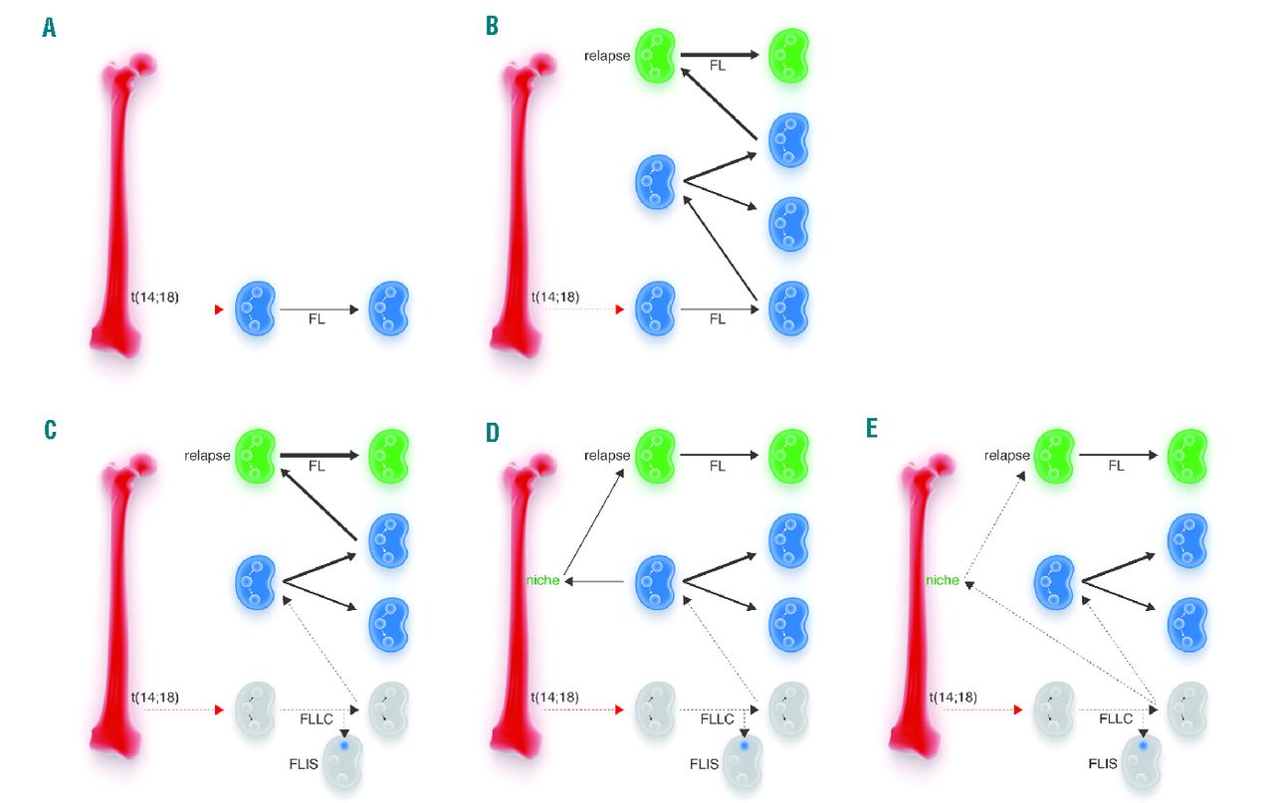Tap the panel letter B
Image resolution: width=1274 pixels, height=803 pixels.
[492, 26]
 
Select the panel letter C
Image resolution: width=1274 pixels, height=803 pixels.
[50, 430]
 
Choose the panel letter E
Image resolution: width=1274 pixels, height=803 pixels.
[872, 430]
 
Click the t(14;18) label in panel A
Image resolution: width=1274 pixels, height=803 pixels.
[154, 296]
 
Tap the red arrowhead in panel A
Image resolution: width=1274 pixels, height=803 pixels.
[220, 310]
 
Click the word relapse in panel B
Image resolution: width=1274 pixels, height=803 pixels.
[607, 56]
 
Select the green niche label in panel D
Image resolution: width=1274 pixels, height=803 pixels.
[543, 580]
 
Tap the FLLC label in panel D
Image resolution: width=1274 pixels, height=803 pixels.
[716, 718]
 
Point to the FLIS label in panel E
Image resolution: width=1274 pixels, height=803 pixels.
[1102, 765]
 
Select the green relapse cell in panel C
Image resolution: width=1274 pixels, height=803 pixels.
[253, 455]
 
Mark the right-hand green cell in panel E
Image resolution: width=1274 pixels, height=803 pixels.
[1187, 455]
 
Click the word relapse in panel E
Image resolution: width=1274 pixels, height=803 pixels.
[1007, 456]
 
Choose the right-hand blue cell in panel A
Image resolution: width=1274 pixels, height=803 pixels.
[388, 309]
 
